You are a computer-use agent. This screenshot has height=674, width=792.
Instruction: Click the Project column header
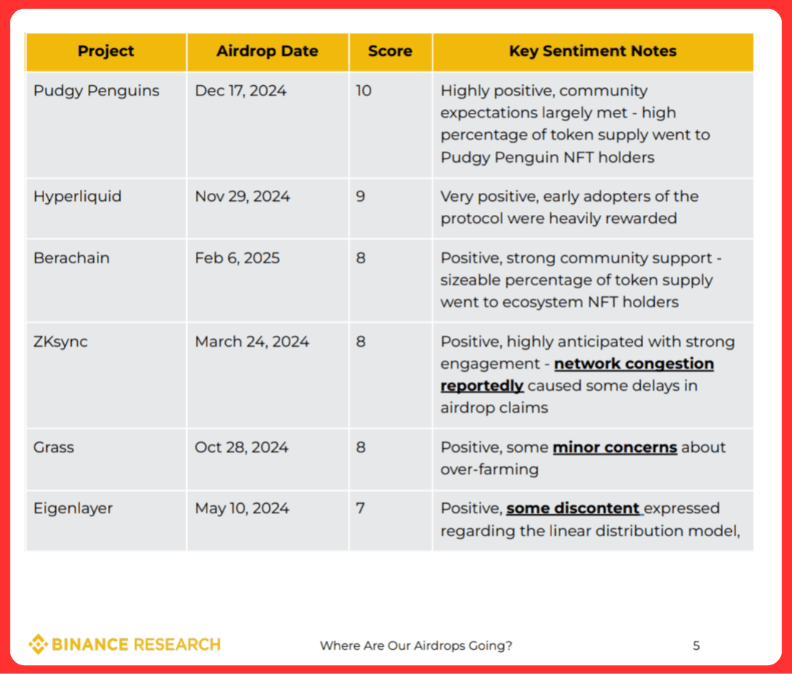pyautogui.click(x=106, y=51)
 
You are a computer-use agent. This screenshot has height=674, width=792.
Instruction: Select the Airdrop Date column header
pyautogui.click(x=267, y=51)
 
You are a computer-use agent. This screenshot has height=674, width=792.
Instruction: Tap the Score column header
pyautogui.click(x=389, y=51)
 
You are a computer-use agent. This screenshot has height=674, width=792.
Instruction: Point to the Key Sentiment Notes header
pyautogui.click(x=593, y=51)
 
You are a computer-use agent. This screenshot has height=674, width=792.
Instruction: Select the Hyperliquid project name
pyautogui.click(x=77, y=197)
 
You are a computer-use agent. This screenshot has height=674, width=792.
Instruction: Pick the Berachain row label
pyautogui.click(x=71, y=258)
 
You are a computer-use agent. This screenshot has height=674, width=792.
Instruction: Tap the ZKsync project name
pyautogui.click(x=60, y=342)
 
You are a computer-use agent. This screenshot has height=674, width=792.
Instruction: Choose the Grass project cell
pyautogui.click(x=54, y=447)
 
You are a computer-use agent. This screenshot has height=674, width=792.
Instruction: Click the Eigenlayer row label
pyautogui.click(x=73, y=508)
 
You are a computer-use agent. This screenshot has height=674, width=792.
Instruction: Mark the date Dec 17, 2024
pyautogui.click(x=241, y=91)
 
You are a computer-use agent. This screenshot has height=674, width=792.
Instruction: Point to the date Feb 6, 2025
pyautogui.click(x=237, y=258)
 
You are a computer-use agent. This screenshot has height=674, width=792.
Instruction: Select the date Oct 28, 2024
pyautogui.click(x=241, y=447)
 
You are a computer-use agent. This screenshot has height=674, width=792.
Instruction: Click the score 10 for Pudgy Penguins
pyautogui.click(x=364, y=91)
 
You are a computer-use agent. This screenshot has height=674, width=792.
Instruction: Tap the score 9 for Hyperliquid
pyautogui.click(x=361, y=197)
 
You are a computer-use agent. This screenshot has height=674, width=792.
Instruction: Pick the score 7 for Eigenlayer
pyautogui.click(x=361, y=508)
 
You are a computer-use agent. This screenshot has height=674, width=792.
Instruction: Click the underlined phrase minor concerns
pyautogui.click(x=615, y=447)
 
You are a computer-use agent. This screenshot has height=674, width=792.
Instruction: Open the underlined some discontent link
pyautogui.click(x=573, y=508)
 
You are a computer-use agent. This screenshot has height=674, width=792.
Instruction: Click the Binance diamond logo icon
pyautogui.click(x=37, y=645)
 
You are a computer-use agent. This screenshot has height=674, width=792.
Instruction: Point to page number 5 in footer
pyautogui.click(x=696, y=645)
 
